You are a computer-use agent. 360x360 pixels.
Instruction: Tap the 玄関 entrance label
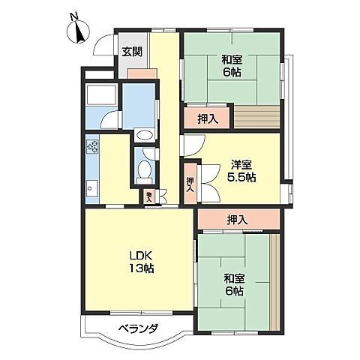pyautogui.click(x=132, y=52)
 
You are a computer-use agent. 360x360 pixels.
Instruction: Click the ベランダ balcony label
pyautogui.click(x=136, y=328)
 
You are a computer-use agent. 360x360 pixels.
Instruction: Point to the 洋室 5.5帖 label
pyautogui.click(x=242, y=171)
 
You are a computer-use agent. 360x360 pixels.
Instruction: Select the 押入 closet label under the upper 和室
pyautogui.click(x=208, y=118)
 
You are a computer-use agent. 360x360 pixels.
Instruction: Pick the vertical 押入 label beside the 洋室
pyautogui.click(x=190, y=184)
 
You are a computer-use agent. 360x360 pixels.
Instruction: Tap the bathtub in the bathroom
pyautogui.click(x=100, y=96)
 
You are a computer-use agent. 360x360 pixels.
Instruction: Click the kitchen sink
pyautogui.click(x=93, y=187)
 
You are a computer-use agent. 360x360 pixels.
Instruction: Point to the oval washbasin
pyautogui.click(x=144, y=136)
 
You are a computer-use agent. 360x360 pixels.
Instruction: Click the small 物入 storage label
pyautogui.click(x=149, y=196)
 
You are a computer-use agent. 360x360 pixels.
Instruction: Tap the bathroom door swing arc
pyautogui.click(x=111, y=121)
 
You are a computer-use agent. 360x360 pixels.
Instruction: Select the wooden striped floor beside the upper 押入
pyautogui.click(x=257, y=118)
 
